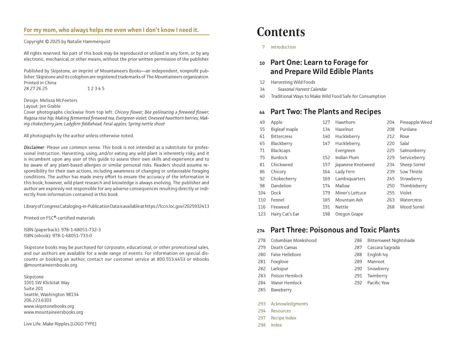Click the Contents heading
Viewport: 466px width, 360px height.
[281, 32]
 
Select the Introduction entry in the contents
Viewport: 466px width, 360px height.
[283, 47]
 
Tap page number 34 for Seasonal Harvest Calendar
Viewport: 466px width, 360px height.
[262, 89]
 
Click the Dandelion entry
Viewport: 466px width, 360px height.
[281, 186]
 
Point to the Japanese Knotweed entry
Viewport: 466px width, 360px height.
[355, 165]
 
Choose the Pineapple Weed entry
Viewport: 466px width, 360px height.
[416, 122]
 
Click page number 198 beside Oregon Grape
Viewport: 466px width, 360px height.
[326, 214]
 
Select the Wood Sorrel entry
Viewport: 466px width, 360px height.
[412, 207]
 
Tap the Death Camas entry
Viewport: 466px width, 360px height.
[284, 248]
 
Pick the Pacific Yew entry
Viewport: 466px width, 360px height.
[378, 283]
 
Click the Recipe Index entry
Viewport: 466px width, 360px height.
[283, 318]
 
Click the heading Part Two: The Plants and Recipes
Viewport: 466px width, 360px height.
[325, 112]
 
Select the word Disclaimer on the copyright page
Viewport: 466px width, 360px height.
[34, 147]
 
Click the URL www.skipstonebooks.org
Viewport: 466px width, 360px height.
[49, 306]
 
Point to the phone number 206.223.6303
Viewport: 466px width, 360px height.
[38, 300]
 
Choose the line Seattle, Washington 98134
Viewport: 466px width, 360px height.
[51, 294]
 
